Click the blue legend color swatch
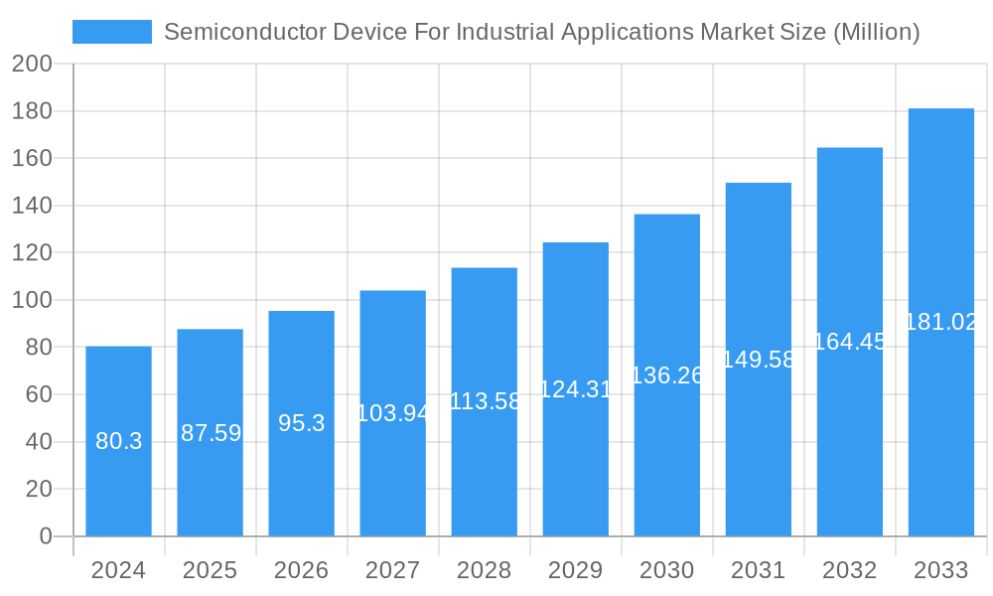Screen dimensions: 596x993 point(112,32)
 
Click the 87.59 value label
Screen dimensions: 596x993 point(211,433)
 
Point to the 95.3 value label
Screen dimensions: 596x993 point(301,423)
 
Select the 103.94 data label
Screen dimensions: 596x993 point(393,413)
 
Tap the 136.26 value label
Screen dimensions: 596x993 point(667,375)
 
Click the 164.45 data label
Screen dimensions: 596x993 point(850,342)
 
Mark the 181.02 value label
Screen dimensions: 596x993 point(941,322)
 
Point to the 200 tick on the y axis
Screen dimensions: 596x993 point(32,64)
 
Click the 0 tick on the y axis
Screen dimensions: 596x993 point(45,536)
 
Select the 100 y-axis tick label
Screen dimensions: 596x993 point(32,300)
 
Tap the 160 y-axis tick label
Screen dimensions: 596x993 point(32,158)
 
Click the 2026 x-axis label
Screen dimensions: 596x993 point(301,570)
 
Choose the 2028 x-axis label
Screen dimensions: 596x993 point(484,570)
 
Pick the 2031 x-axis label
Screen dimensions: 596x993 point(758,570)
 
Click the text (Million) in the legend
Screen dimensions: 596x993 point(876,32)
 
